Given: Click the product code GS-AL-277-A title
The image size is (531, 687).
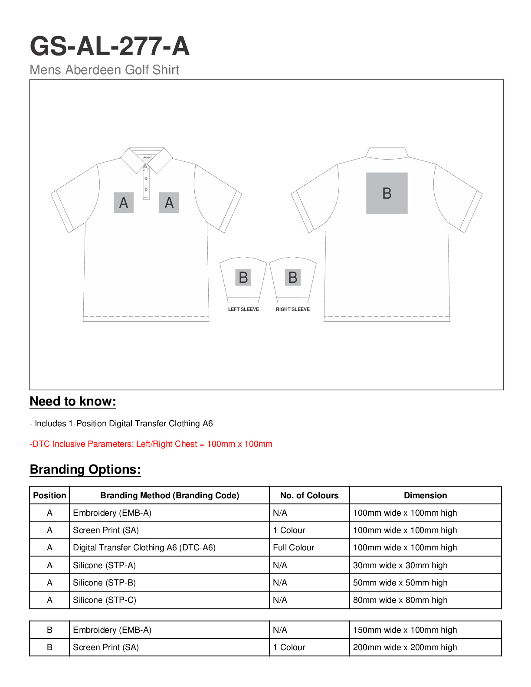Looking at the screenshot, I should pos(110,46).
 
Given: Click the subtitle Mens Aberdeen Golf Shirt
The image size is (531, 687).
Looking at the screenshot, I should pos(104,70).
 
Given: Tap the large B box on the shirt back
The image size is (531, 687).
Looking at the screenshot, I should pos(387,193).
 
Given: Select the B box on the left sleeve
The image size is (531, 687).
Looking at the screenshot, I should pos(243,277).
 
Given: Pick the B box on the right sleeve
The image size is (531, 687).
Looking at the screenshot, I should pos(293,277).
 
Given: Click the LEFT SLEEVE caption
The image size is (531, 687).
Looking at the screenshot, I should pos(243,309).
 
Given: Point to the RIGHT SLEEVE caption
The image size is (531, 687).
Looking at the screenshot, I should pos(293,309).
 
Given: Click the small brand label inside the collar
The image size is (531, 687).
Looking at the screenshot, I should pos(146,157).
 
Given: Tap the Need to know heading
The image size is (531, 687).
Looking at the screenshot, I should pos(73,402).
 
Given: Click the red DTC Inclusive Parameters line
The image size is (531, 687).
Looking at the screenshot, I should pos(151,444).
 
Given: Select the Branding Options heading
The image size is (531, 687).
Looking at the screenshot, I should pos(85,470).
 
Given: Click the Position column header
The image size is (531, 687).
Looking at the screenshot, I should pos(49,495).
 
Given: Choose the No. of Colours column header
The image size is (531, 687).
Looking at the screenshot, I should pos(309,495).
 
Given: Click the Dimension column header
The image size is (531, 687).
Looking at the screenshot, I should pos(425,495).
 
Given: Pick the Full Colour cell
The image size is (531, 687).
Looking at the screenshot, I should pos(294,548).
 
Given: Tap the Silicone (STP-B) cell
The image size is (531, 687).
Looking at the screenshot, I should pos(105,582).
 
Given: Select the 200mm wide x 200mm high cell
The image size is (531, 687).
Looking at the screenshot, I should pos(405,648).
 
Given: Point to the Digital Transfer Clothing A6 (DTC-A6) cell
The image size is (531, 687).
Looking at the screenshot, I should pos(144,548).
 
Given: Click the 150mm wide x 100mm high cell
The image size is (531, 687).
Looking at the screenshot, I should pos(405,630).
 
